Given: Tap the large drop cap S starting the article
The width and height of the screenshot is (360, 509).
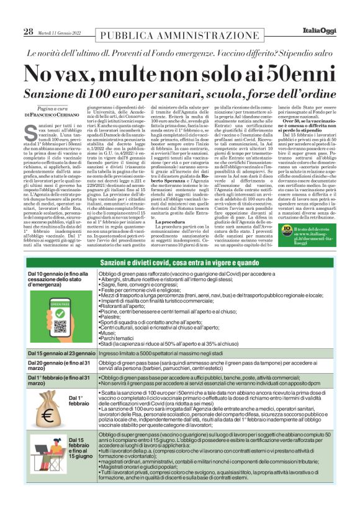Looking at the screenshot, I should click(31, 132).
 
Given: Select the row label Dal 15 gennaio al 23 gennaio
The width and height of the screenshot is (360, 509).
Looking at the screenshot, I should click(61, 353).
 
